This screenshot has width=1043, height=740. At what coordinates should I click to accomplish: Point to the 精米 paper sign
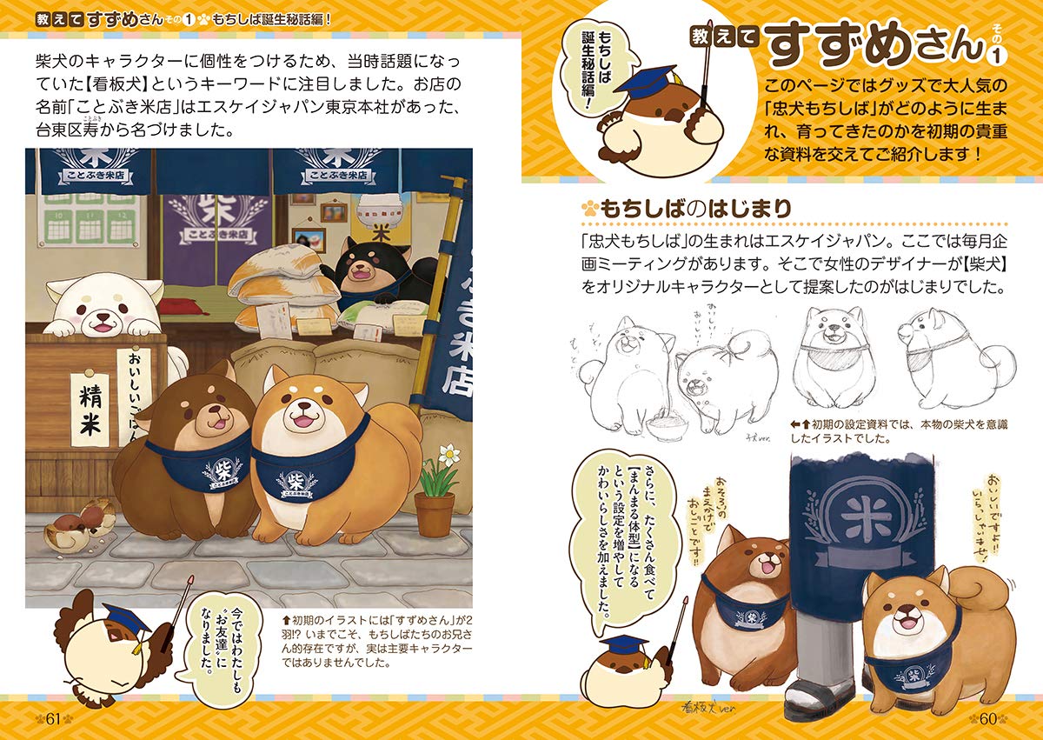[90, 410]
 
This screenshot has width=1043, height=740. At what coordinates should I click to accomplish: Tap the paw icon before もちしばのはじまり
[590, 210]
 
